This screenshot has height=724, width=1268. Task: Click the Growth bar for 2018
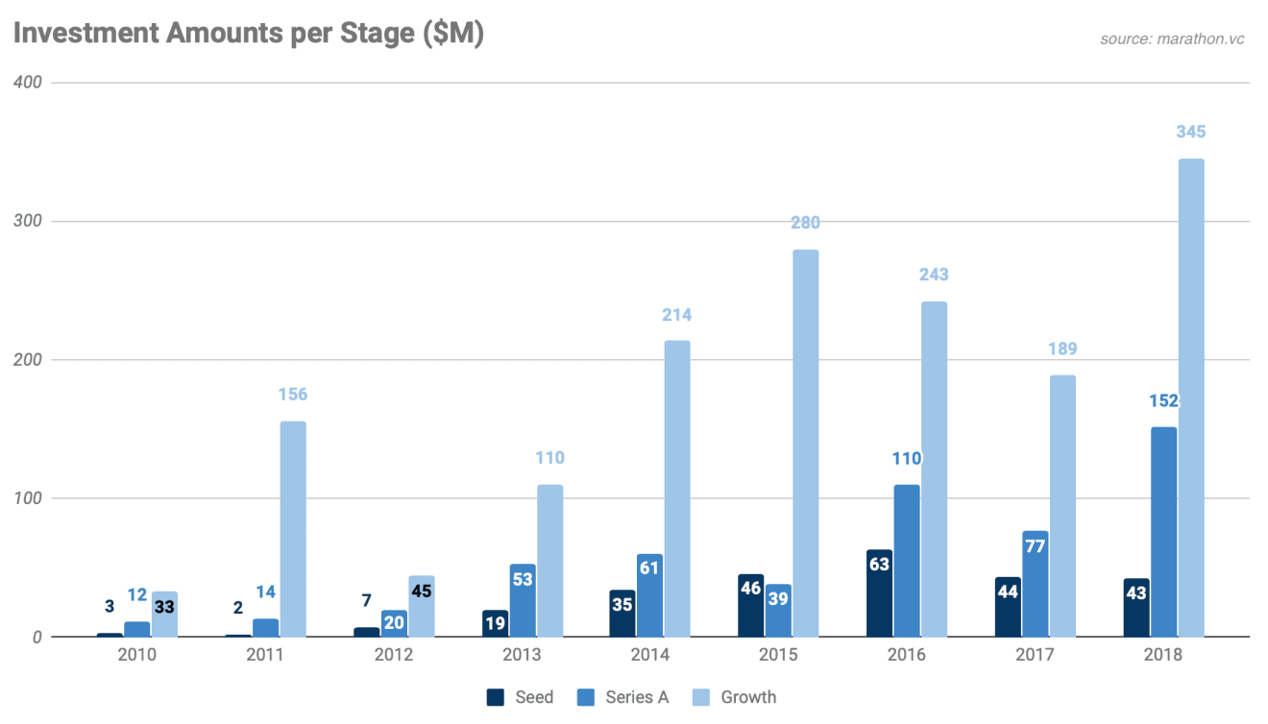click(1190, 398)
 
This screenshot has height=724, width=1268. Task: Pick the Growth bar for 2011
click(293, 529)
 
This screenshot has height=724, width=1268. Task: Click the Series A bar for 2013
click(523, 600)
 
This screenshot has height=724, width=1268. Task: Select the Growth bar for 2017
click(1062, 505)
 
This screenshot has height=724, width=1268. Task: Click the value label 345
click(1190, 133)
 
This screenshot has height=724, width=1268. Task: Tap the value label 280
click(805, 223)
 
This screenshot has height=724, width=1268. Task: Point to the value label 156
click(293, 395)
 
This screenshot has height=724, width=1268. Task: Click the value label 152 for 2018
click(1163, 400)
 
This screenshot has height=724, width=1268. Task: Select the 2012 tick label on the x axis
click(394, 655)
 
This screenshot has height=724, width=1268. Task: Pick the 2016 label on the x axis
click(906, 655)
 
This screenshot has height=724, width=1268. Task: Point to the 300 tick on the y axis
click(28, 221)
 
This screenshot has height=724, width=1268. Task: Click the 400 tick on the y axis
click(28, 83)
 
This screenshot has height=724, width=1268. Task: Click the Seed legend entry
click(520, 697)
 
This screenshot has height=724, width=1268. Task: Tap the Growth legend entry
click(735, 697)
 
